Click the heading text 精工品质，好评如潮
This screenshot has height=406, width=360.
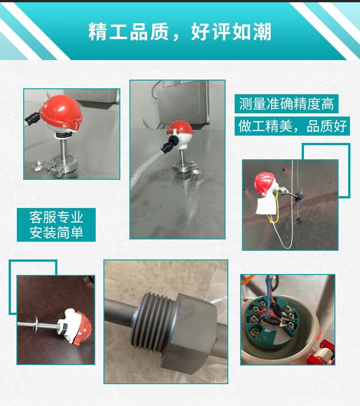tap(180, 32)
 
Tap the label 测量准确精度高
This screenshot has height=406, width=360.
tap(287, 104)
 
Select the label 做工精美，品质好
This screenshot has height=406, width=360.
tap(293, 126)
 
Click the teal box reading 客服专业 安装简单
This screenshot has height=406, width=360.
tap(56, 224)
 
